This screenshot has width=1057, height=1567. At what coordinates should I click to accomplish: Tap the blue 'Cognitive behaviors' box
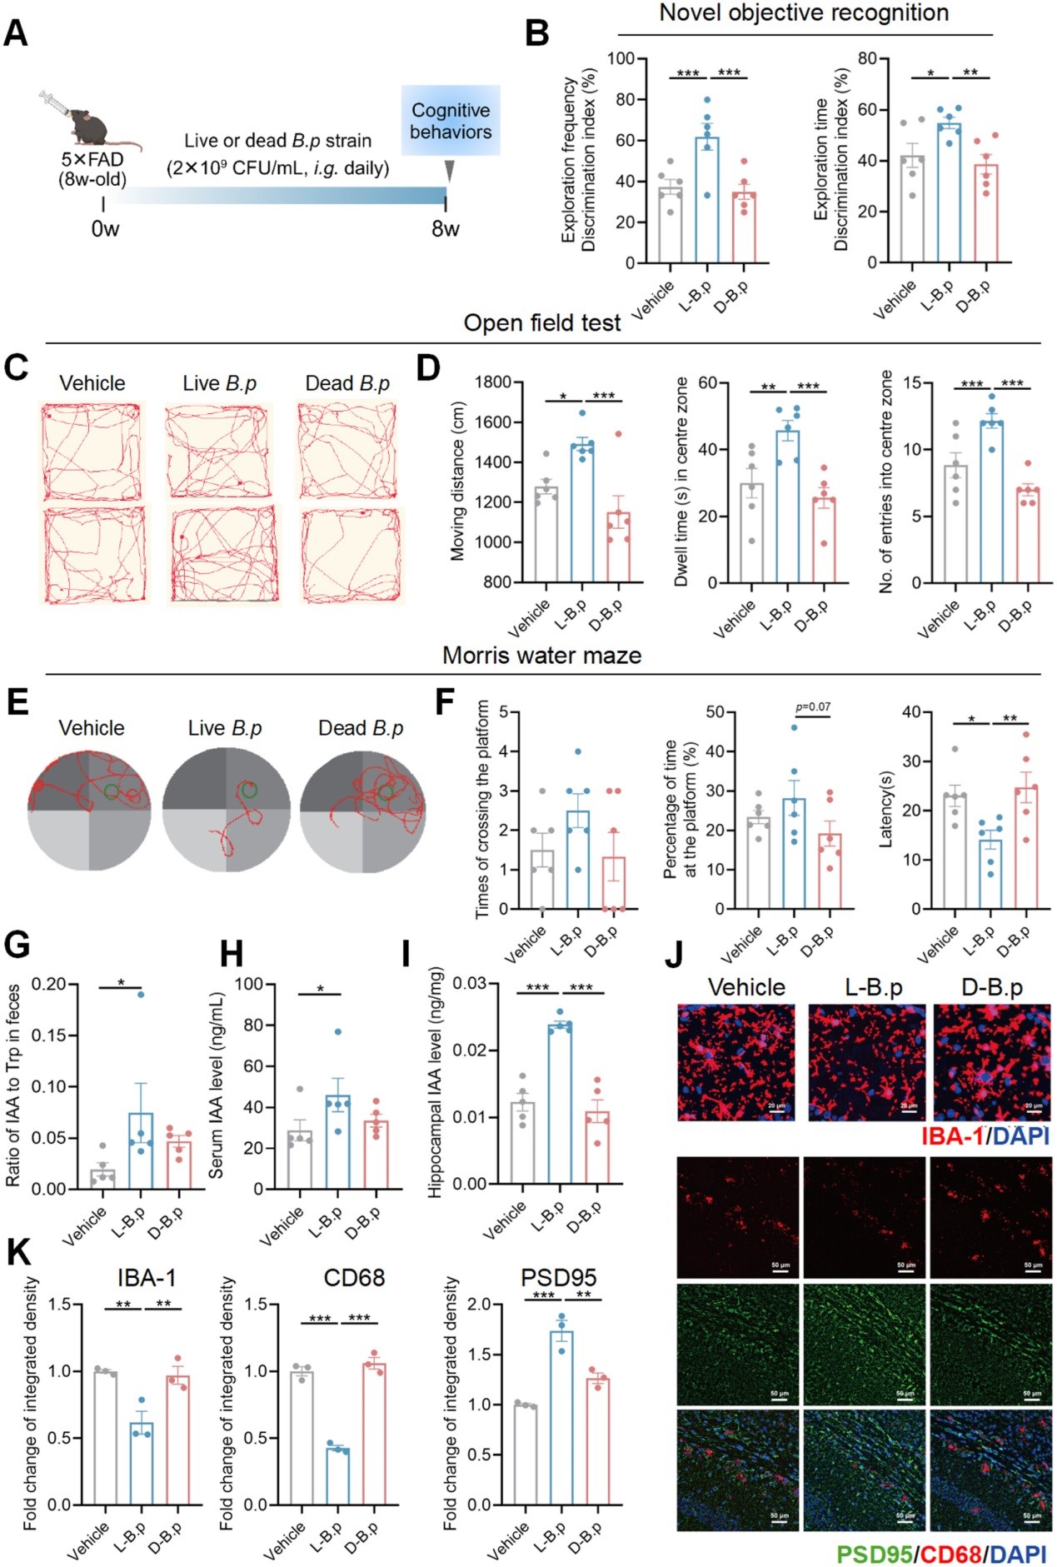point(451,121)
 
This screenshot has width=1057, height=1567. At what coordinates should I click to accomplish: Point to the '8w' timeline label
point(445,229)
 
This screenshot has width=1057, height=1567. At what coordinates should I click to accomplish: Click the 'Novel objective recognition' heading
point(804,13)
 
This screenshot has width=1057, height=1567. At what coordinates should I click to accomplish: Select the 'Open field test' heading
point(541,323)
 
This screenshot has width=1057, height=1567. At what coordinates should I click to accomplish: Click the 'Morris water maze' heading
point(541,656)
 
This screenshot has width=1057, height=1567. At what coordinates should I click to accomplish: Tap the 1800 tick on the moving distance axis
point(493,382)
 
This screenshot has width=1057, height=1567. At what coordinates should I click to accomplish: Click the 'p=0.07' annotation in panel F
point(812,707)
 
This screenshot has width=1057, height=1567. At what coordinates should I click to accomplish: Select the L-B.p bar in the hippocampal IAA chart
point(560,1104)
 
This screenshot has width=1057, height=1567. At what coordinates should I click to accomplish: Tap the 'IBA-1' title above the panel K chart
point(146,1278)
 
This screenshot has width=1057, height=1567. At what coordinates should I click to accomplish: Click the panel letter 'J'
point(675,955)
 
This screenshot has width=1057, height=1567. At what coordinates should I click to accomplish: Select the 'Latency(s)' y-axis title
point(885,809)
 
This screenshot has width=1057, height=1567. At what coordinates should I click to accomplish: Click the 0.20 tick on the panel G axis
point(49,985)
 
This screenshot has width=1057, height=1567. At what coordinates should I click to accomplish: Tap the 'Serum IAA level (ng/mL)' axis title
point(217,1085)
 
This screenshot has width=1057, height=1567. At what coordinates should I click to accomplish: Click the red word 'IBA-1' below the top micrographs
point(953,1136)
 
